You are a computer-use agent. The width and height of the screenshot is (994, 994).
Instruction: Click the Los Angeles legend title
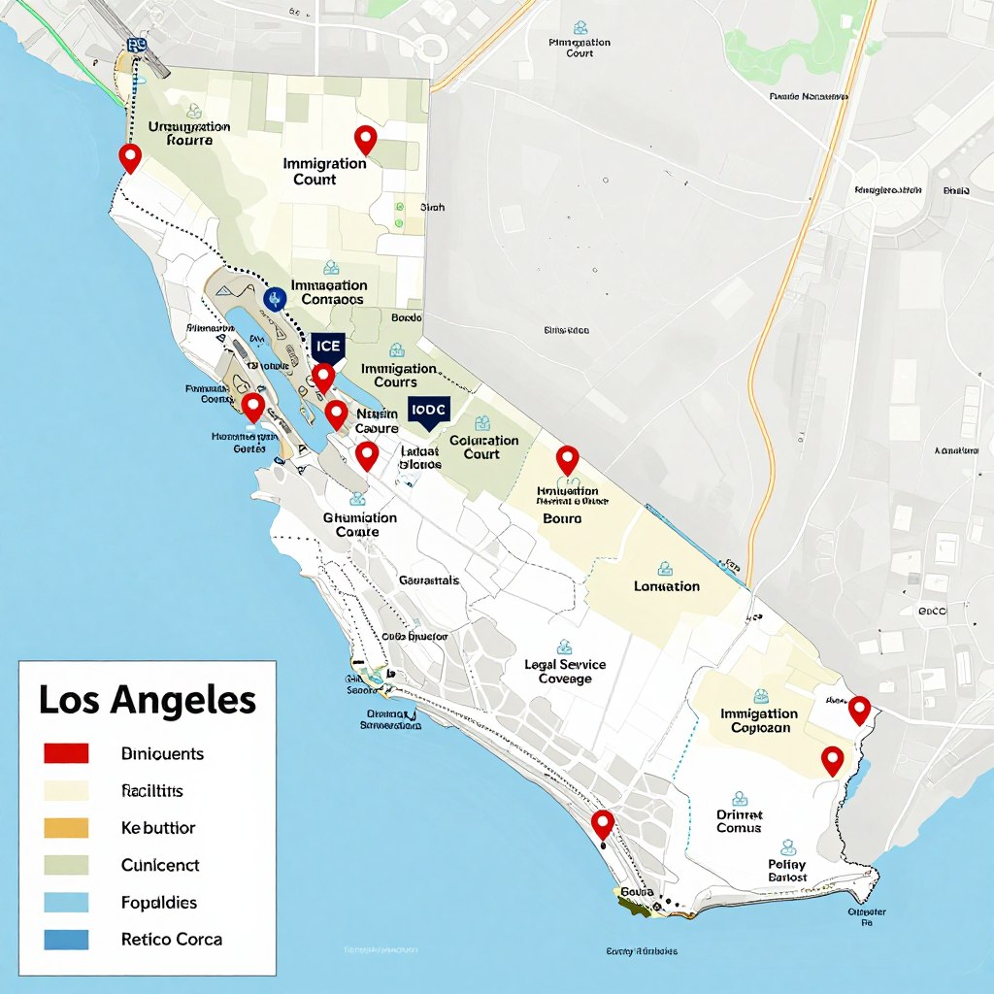tap(147, 700)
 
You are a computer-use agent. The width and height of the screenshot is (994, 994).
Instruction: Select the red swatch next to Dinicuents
tap(66, 753)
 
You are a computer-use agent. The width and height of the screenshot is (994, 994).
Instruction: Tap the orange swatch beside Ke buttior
tap(66, 828)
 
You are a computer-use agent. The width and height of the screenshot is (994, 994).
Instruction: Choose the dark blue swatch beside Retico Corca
tap(66, 940)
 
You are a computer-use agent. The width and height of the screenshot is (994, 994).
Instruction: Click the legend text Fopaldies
tap(158, 903)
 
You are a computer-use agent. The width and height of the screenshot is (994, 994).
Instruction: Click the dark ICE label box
tap(328, 347)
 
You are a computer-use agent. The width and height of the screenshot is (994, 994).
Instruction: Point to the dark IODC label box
tap(427, 410)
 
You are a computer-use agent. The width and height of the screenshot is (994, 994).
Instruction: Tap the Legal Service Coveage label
tap(565, 672)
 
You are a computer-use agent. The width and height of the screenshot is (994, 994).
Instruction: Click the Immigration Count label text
tap(324, 171)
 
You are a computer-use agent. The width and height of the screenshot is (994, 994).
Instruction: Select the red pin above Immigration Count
tap(365, 140)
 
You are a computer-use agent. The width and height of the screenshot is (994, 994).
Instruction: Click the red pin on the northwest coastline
tap(129, 156)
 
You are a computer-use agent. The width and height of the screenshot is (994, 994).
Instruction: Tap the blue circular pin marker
tap(274, 297)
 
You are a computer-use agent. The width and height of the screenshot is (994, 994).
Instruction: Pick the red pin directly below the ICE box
tap(323, 377)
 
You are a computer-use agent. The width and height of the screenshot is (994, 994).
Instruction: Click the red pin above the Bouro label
tap(567, 460)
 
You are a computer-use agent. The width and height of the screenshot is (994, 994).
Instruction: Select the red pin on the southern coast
tap(603, 824)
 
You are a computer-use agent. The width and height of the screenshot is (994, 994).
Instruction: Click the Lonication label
tap(666, 586)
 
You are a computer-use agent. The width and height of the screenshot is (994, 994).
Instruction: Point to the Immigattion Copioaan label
tap(759, 720)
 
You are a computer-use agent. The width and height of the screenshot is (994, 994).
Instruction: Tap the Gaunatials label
tap(428, 580)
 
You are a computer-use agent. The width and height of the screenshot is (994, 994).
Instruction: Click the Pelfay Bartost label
tap(787, 870)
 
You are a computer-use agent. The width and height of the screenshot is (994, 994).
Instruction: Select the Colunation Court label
tap(483, 447)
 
